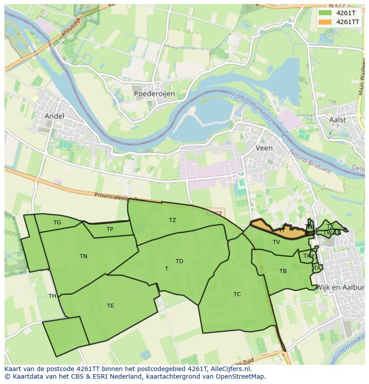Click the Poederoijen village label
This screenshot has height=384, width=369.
[154, 94]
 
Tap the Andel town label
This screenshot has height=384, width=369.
[54, 116]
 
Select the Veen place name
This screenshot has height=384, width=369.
[264, 148]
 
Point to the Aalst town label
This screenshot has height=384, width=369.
[337, 120]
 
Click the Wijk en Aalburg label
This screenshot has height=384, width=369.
[340, 288]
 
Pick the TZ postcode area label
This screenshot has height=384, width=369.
[172, 220]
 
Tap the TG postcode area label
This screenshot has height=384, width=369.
[57, 223]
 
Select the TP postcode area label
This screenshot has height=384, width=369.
[110, 229]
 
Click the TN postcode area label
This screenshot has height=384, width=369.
[83, 256]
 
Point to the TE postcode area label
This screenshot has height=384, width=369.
[110, 306]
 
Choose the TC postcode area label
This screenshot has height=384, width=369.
[237, 294]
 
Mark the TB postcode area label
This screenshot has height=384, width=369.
[283, 271]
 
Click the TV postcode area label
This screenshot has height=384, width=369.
[276, 242]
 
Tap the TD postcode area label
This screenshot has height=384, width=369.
[179, 261]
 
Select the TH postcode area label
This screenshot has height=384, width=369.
[52, 296]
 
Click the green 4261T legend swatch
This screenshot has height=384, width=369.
[326, 13]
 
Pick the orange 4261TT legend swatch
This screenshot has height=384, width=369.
[326, 21]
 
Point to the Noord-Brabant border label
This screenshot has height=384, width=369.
[311, 161]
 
